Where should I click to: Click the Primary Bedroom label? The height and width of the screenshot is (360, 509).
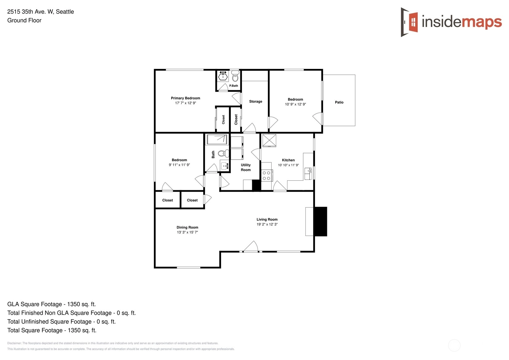[185, 98]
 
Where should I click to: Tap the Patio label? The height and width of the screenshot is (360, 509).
[339, 102]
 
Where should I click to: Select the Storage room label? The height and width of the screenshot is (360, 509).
[256, 101]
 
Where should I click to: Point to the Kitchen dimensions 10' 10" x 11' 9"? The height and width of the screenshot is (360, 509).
[288, 165]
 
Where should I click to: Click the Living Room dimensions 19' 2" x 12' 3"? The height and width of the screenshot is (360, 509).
[267, 224]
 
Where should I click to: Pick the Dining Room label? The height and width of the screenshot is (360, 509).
[187, 227]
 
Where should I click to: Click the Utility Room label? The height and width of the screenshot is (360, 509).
[246, 167]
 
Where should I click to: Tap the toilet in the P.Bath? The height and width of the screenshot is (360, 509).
[235, 76]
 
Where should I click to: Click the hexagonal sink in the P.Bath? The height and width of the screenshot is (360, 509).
[223, 76]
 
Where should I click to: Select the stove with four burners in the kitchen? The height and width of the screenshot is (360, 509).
[267, 176]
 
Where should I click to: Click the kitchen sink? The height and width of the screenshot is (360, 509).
[308, 174]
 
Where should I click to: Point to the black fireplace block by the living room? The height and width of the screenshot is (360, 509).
[320, 221]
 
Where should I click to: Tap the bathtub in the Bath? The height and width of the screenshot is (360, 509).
[217, 139]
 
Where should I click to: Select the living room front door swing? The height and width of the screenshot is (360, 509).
[251, 246]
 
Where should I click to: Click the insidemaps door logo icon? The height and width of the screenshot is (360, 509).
[409, 22]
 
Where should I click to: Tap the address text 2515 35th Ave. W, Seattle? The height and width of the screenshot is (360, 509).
[40, 12]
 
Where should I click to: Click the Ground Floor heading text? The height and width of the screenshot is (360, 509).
[24, 20]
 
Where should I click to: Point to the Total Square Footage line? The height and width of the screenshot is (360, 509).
[52, 330]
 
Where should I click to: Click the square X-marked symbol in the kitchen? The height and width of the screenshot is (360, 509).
[269, 140]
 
